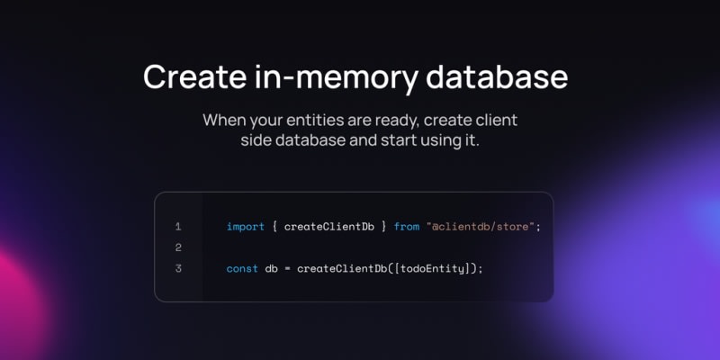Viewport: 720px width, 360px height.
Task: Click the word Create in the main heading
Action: click(194, 76)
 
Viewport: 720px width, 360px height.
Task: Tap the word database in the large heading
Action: click(497, 76)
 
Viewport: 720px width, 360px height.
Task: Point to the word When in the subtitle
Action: click(224, 120)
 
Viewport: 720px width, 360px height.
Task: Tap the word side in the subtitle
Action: click(256, 140)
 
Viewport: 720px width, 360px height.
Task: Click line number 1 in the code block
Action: click(178, 227)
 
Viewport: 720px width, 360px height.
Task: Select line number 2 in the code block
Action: click(178, 247)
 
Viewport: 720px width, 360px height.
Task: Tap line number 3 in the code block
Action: click(178, 268)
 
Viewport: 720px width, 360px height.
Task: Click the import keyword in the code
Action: click(246, 227)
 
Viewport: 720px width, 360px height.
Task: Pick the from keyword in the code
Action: click(407, 227)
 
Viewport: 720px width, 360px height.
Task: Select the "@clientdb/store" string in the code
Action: click(481, 227)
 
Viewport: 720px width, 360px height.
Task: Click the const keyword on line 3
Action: click(242, 268)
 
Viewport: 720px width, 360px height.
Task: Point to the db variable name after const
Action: click(272, 268)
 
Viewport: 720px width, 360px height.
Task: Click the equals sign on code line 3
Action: click(287, 268)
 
